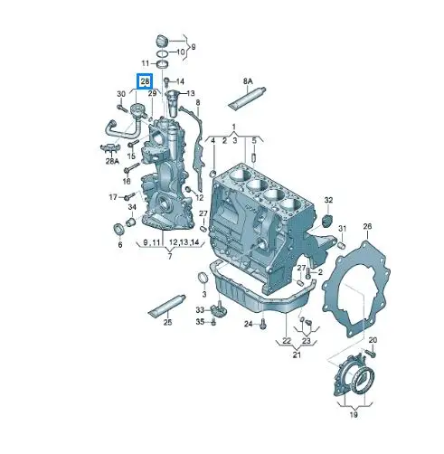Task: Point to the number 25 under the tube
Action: pos(167,323)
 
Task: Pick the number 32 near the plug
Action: pos(329,199)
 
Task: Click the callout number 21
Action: pos(296,355)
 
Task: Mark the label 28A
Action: pos(112,161)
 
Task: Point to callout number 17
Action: pos(114,196)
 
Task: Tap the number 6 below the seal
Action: pos(118,244)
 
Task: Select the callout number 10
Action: pos(180,53)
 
